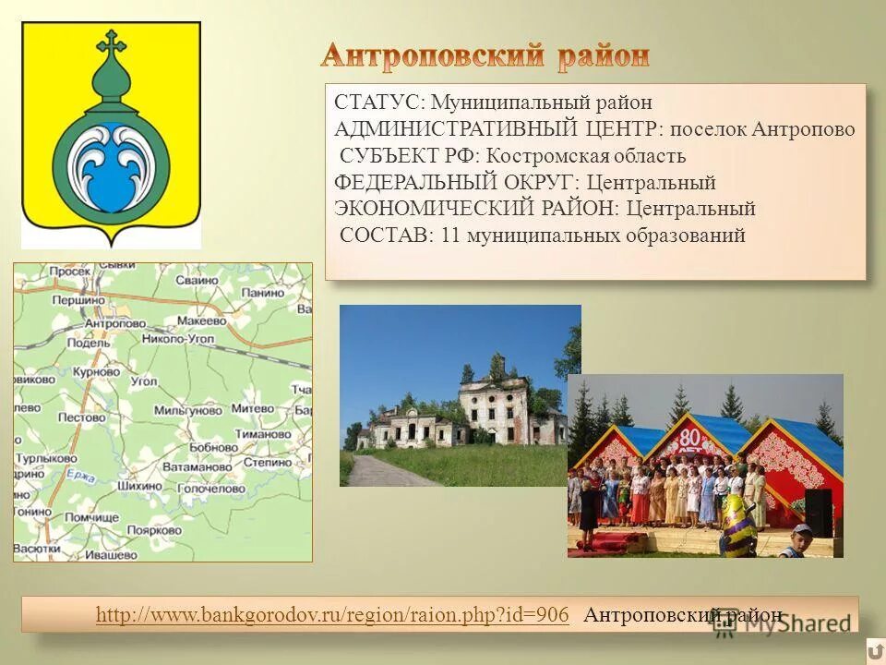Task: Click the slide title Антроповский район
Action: (485, 55)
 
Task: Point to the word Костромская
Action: (537, 156)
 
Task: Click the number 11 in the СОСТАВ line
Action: (450, 236)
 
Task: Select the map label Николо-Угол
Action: (178, 340)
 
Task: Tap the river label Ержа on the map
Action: (81, 477)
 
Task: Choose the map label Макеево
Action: (201, 321)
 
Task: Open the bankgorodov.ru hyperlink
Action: (332, 615)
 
